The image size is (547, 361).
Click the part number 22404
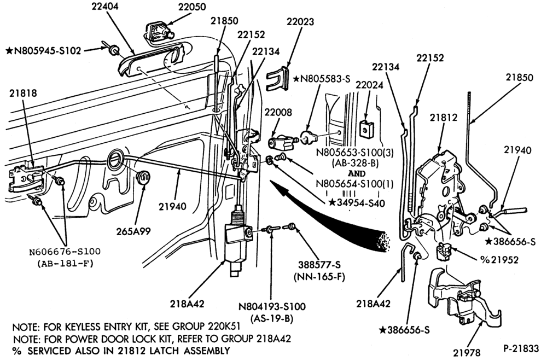pos(105,7)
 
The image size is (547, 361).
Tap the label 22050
pos(192,7)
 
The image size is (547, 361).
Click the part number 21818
pos(23,93)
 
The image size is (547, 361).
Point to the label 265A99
pos(134,231)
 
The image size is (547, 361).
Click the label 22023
pos(300,22)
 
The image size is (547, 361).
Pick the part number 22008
pos(278,112)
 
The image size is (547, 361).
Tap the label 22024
pos(369,85)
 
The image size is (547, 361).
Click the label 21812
pos(444,118)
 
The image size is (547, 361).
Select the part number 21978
pos(467,353)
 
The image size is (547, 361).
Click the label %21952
pos(499,260)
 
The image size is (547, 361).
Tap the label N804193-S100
pos(272,307)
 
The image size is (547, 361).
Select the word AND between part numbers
pos(357,173)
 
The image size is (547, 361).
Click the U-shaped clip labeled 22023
pos(278,79)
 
